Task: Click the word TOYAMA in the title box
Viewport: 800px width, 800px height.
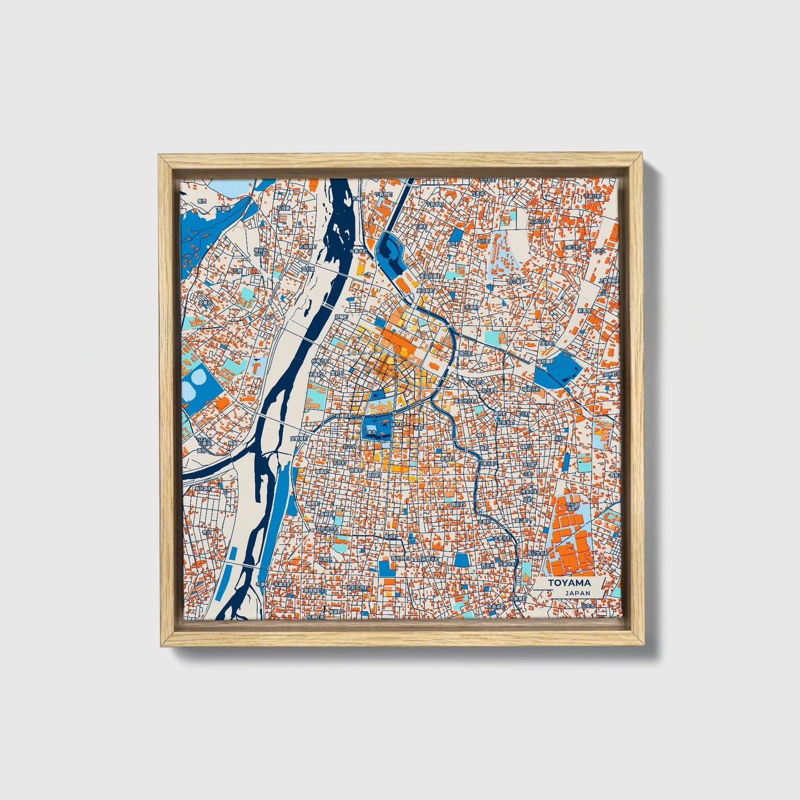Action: point(569,583)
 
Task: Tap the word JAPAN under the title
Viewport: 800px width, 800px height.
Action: point(577,593)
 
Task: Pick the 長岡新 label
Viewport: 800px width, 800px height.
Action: point(223,209)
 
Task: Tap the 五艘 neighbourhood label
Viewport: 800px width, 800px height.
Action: point(238,272)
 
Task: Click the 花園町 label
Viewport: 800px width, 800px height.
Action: point(328,560)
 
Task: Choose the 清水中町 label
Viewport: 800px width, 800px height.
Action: point(529,491)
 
